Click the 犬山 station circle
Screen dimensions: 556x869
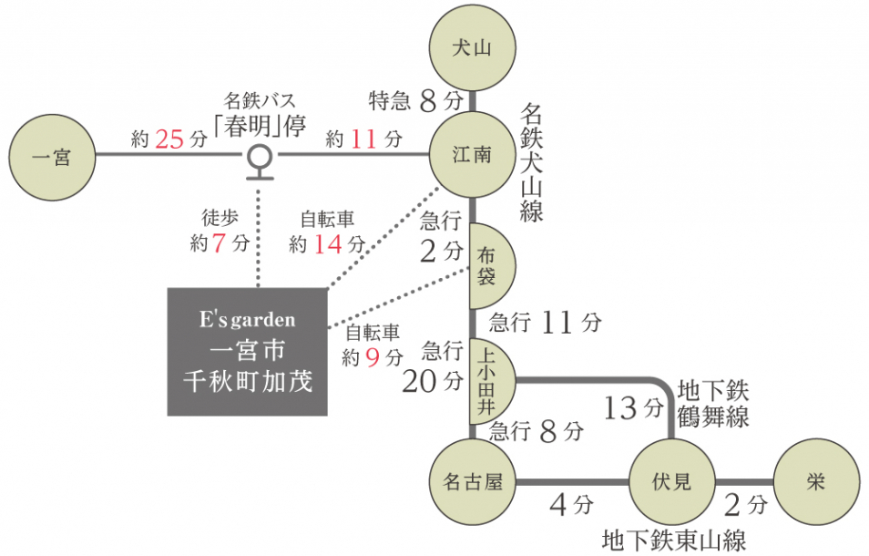(x=472, y=48)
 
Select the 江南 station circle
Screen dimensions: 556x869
(x=472, y=155)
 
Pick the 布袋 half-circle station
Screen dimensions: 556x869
(x=490, y=265)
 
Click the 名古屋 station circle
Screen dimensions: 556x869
(x=472, y=482)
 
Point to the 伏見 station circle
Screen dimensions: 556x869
(x=671, y=482)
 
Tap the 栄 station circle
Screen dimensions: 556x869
(x=815, y=482)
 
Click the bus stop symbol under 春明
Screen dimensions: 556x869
(x=261, y=159)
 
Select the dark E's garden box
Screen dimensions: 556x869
(x=248, y=352)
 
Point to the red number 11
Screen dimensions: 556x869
(x=363, y=139)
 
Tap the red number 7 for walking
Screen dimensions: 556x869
(x=219, y=244)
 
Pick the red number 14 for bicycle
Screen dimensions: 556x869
(x=327, y=244)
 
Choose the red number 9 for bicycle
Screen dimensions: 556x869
(x=372, y=358)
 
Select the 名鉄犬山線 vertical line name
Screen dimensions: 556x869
(x=531, y=162)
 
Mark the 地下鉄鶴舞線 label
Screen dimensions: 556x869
(x=712, y=403)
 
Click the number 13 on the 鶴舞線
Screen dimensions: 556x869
(x=620, y=408)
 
